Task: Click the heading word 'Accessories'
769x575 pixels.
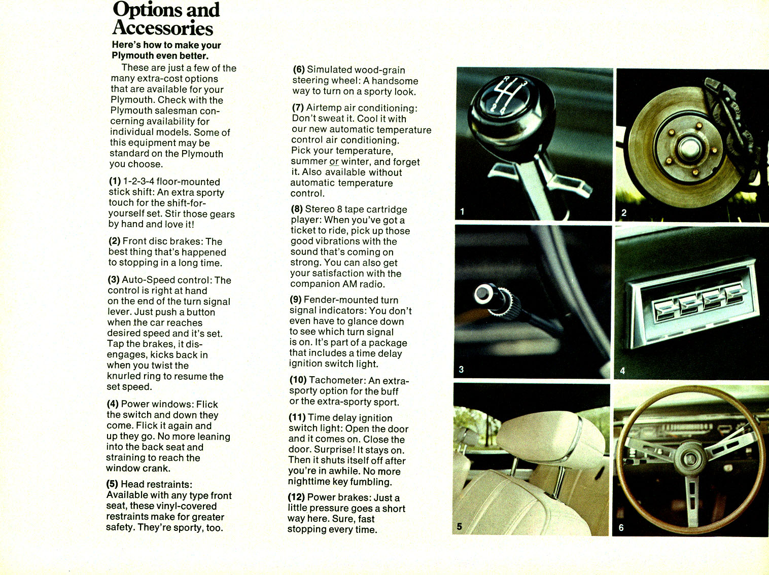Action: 162,27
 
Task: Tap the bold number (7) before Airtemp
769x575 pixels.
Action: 298,107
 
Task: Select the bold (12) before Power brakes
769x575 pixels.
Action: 296,497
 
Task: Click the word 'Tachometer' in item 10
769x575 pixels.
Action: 336,380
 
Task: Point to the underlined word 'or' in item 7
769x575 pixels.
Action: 334,162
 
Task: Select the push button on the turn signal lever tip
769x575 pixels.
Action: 481,294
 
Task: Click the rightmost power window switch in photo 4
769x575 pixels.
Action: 733,294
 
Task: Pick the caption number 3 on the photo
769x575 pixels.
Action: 461,370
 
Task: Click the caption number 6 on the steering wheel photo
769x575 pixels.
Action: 621,528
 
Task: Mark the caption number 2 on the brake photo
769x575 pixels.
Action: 623,212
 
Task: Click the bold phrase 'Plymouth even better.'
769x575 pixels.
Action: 160,56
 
